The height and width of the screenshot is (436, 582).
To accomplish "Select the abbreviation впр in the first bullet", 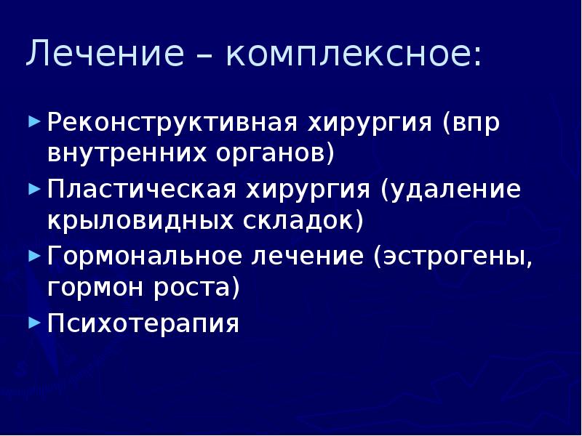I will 480,122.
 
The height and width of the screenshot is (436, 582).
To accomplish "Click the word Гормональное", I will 145,256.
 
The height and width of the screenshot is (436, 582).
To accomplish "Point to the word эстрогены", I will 450,256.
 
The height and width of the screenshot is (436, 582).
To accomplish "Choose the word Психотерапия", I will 143,323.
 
